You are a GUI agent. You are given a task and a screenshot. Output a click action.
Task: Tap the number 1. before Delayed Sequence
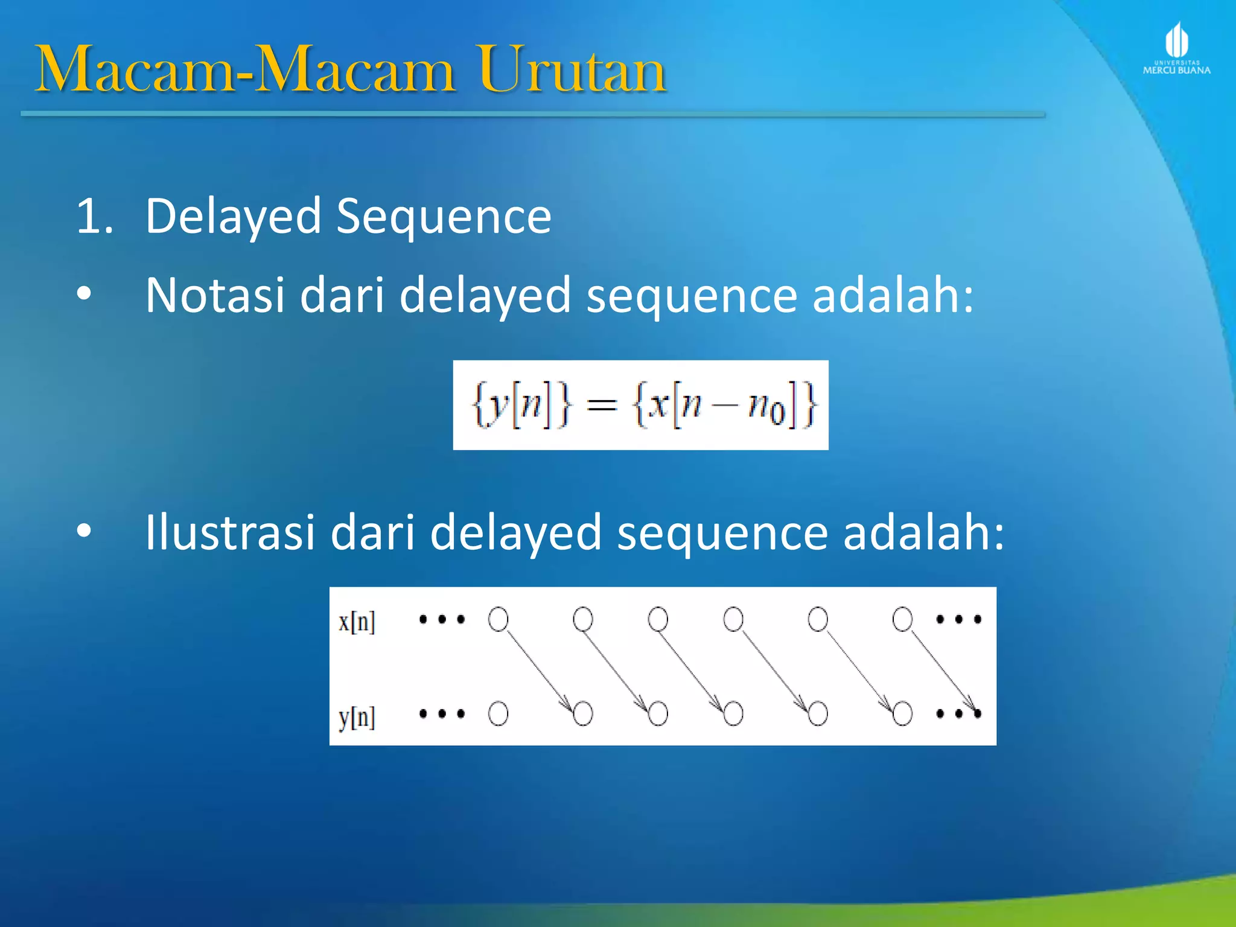(94, 216)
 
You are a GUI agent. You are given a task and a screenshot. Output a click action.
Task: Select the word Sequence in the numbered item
(444, 216)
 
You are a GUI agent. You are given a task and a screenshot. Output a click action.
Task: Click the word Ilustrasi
(230, 532)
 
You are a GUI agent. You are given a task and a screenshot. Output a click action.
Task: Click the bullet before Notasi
(84, 294)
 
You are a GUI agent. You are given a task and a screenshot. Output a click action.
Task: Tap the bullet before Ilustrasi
(84, 531)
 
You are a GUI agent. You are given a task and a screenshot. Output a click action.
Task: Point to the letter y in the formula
(498, 406)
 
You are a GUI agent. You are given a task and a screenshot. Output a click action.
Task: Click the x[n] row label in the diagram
(357, 622)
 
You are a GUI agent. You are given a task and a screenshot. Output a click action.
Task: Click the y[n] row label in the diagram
(357, 717)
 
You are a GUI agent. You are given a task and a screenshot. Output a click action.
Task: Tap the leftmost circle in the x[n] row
(498, 619)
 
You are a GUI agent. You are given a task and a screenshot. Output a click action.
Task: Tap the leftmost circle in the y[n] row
(498, 713)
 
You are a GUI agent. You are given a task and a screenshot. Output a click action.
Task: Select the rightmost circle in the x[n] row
(902, 619)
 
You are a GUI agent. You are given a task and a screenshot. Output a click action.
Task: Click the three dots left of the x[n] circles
(442, 619)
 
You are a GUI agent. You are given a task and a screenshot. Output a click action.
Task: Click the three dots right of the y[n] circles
(958, 714)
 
